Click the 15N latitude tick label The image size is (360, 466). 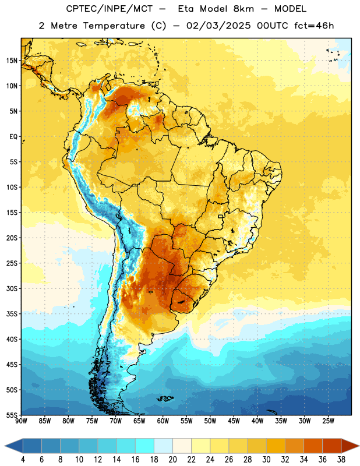(12, 61)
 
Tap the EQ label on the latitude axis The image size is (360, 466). (13, 137)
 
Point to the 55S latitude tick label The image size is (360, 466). (12, 415)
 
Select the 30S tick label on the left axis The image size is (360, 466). (12, 288)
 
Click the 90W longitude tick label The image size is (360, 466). (21, 421)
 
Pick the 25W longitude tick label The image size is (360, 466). (328, 421)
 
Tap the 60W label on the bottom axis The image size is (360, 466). (163, 421)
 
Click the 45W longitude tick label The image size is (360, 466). (234, 421)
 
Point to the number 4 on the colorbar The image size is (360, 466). (23, 460)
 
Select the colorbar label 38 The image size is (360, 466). (341, 460)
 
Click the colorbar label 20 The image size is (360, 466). (172, 460)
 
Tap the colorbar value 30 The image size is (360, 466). (266, 460)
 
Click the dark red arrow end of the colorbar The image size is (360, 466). (350, 446)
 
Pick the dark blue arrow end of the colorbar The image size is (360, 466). (14, 446)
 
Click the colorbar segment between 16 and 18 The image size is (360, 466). (145, 446)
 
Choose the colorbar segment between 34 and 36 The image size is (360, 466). (313, 446)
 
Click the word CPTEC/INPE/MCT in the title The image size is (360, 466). (109, 9)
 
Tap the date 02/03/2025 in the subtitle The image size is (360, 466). (218, 26)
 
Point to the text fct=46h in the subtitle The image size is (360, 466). (314, 26)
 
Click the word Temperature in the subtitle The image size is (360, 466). (114, 26)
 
